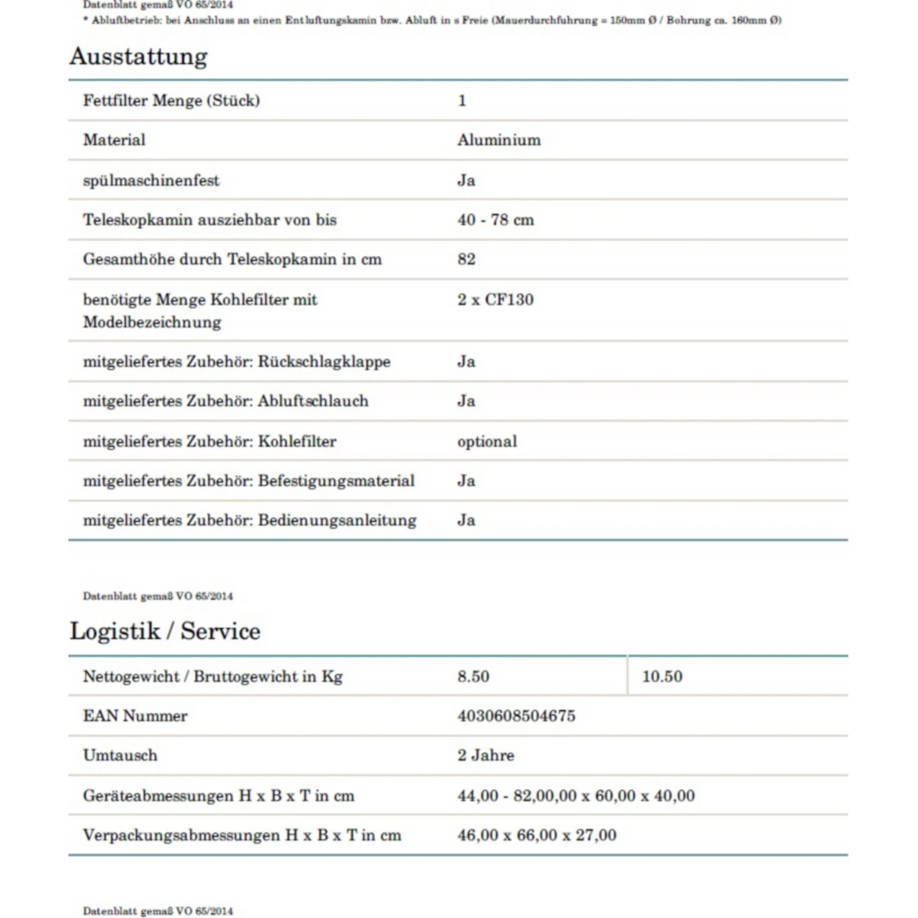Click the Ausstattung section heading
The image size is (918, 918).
pos(139,57)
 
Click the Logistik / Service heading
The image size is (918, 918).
pos(165,631)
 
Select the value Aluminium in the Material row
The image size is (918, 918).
pos(499,140)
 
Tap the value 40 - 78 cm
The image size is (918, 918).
pos(495,220)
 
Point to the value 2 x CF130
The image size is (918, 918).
pos(495,299)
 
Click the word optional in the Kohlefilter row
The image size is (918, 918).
pos(487,441)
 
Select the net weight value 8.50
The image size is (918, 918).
pos(473,677)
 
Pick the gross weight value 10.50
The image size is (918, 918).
pos(662,677)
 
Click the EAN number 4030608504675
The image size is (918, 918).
pos(516,715)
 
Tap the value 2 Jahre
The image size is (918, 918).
pos(486,755)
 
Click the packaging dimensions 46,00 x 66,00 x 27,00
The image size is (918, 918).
pos(537,835)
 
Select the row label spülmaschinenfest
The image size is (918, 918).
pos(151,180)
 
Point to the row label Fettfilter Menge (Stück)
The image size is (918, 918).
pos(171,101)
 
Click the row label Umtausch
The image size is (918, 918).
pos(120,755)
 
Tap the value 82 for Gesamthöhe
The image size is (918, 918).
pos(466,259)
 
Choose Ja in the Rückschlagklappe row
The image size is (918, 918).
pos(466,362)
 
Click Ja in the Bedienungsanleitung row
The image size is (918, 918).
pos(466,520)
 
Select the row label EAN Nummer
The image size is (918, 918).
pos(135,715)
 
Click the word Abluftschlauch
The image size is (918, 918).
pos(313,401)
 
